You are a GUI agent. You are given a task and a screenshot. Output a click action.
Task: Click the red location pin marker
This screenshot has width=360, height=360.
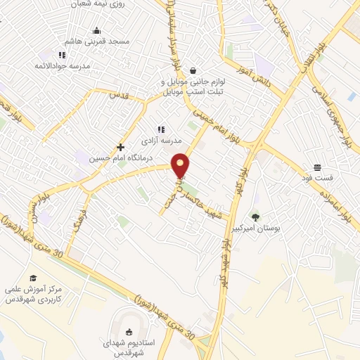tap(181, 166)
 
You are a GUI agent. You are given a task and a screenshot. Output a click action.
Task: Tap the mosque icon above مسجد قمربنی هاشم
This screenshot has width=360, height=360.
tap(96, 31)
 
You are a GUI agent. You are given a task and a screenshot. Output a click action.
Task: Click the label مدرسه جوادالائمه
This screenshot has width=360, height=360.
tap(62, 65)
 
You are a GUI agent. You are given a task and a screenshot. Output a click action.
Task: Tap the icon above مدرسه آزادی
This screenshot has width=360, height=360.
tap(161, 129)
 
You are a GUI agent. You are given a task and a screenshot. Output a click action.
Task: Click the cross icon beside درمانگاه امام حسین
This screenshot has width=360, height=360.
tap(121, 148)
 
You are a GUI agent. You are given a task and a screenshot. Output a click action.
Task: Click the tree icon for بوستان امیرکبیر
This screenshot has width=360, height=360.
tap(255, 217)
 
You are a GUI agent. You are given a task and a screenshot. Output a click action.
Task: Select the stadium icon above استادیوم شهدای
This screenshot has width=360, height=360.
tap(128, 332)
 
